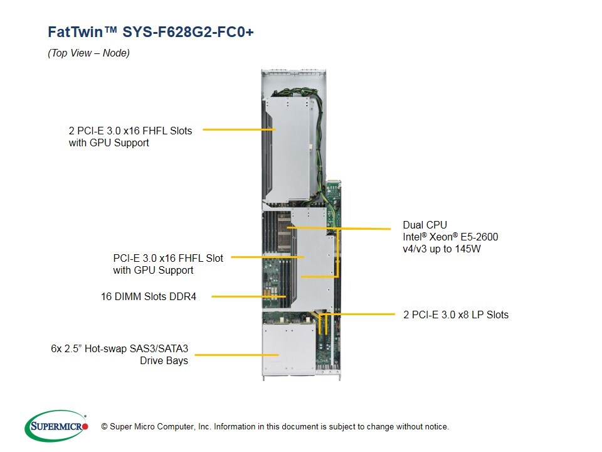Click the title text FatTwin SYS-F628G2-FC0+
[x=150, y=32]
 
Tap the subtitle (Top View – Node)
[x=88, y=53]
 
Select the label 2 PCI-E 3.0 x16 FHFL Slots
[x=130, y=131]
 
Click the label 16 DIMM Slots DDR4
[x=148, y=296]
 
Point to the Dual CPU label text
[x=425, y=225]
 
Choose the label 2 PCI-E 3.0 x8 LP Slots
[x=455, y=315]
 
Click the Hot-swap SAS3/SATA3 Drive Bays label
[x=119, y=354]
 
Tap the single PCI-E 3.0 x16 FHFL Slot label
[x=167, y=258]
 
